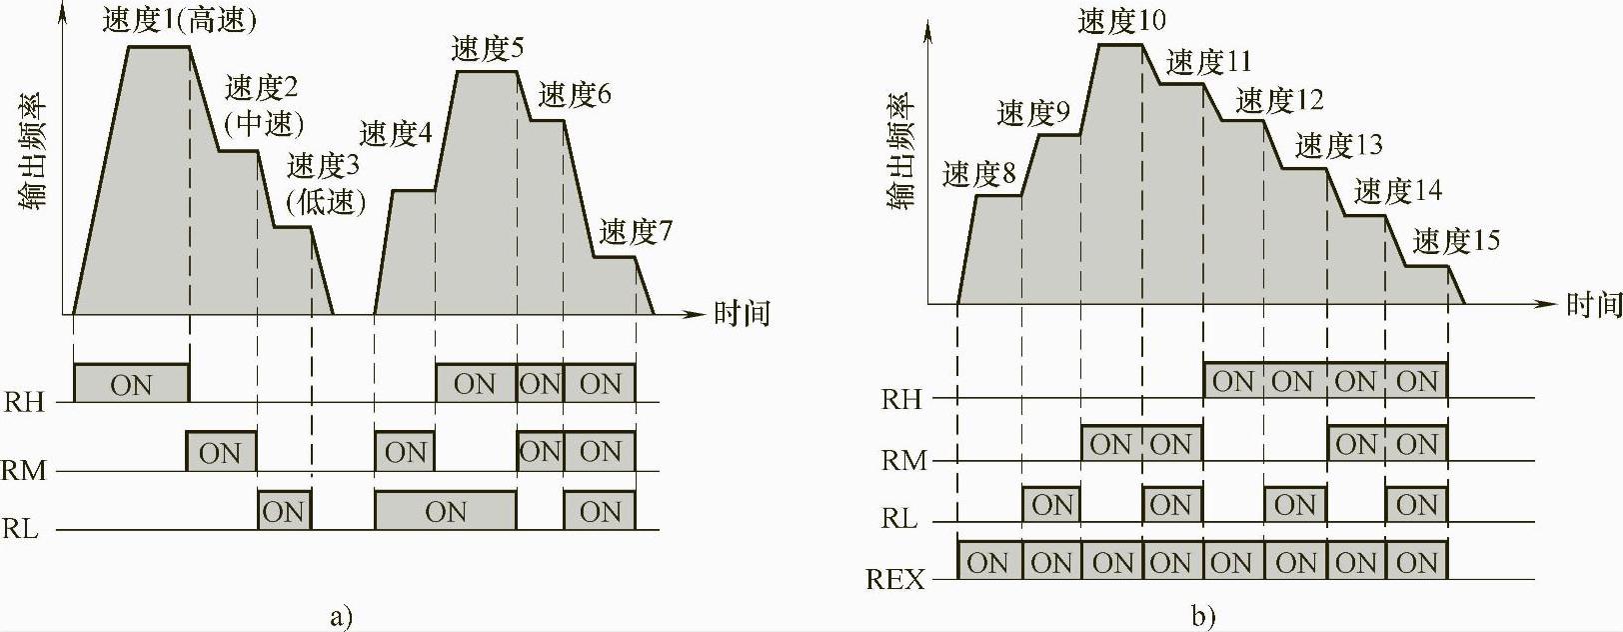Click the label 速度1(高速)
(180, 20)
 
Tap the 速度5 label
(488, 48)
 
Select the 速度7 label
(636, 232)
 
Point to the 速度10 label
(1121, 21)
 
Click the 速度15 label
(1456, 241)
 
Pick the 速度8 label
(978, 175)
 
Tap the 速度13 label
(1339, 146)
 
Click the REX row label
(895, 579)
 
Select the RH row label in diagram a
(24, 402)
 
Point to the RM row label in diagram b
(903, 460)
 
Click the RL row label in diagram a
(20, 528)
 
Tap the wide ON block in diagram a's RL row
(446, 512)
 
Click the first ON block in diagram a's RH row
(131, 384)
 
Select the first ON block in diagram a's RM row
(221, 452)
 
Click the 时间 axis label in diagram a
(743, 314)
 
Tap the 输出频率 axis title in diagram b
(900, 150)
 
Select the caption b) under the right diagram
(1203, 616)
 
